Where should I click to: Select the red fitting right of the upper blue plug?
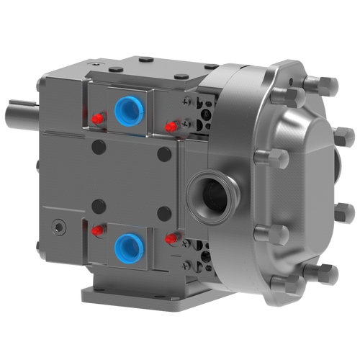171,127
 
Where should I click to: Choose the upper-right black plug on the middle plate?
165,152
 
